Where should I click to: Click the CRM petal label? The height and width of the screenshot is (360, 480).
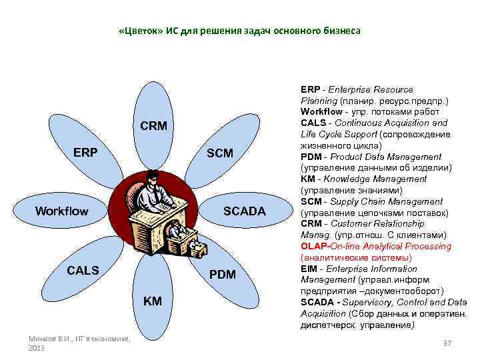(x=153, y=127)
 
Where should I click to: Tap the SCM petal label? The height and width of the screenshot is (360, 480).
(x=220, y=153)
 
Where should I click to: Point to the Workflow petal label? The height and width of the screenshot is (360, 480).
(x=61, y=211)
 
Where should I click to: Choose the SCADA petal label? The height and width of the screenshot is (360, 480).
(x=244, y=211)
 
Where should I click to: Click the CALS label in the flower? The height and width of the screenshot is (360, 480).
(x=83, y=270)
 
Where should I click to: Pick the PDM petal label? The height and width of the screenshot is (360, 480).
(x=223, y=274)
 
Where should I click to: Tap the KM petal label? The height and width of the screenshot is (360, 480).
(x=153, y=301)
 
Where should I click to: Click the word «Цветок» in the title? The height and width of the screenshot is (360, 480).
(x=137, y=31)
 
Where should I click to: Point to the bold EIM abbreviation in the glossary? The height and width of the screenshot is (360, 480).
(x=309, y=269)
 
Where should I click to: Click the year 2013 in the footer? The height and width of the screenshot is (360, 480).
(x=37, y=349)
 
